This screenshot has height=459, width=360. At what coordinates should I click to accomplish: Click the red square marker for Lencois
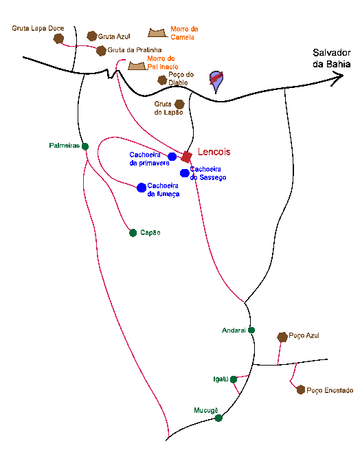[x=186, y=157]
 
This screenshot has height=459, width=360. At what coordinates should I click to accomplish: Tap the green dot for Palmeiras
[x=85, y=146]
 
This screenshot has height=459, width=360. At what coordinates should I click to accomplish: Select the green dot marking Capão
[x=133, y=233]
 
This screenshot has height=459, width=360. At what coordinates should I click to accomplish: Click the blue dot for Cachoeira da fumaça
[x=142, y=188]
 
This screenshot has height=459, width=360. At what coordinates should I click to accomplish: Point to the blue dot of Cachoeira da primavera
[x=172, y=157]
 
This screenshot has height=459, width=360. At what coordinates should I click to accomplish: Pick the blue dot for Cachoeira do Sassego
[x=185, y=173]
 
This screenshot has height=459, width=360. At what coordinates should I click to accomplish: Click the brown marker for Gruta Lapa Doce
[x=59, y=38]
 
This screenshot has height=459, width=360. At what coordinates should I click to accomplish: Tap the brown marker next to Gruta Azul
[x=92, y=36]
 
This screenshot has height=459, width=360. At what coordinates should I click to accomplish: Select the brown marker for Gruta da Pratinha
[x=101, y=51]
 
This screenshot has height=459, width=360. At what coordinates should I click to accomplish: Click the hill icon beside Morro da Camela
[x=158, y=33]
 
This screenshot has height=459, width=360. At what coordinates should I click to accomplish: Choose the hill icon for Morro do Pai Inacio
[x=137, y=66]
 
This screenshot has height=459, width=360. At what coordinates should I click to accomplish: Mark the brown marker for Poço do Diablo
[x=162, y=80]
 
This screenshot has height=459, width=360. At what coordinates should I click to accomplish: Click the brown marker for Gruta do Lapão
[x=179, y=104]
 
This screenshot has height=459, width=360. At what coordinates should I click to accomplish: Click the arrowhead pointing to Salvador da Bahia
[x=339, y=78]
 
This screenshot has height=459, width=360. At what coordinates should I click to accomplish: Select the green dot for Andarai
[x=251, y=331]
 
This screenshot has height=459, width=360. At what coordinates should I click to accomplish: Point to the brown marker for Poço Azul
[x=282, y=337]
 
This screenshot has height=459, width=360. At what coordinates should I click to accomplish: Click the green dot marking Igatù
[x=234, y=379]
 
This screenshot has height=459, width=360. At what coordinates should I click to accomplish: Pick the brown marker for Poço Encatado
[x=301, y=390]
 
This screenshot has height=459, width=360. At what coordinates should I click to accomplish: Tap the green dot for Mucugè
[x=218, y=418]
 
